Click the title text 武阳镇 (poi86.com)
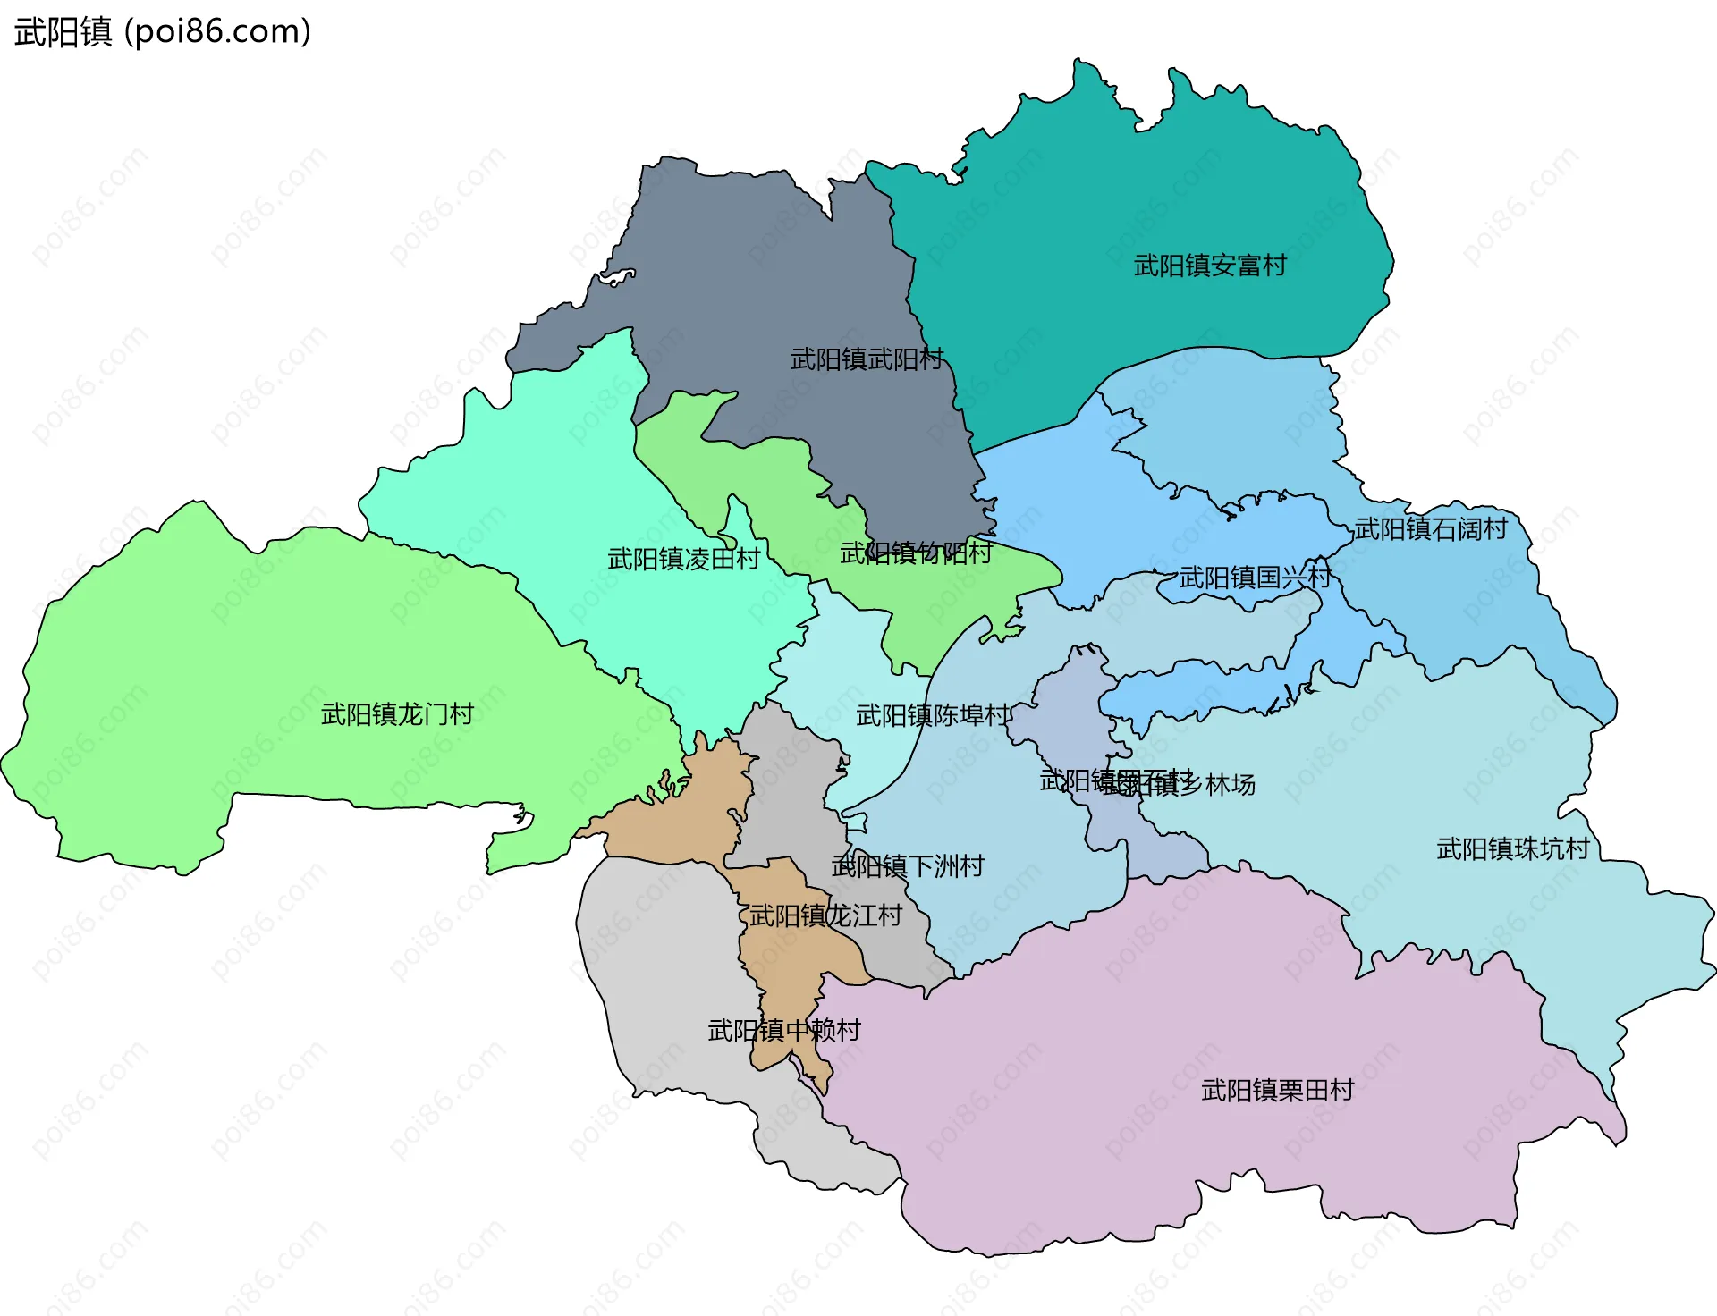pyautogui.click(x=163, y=32)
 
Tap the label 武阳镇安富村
pyautogui.click(x=1210, y=266)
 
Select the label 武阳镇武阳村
pyautogui.click(x=867, y=359)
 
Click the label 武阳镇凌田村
pyautogui.click(x=683, y=560)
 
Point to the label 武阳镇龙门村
pyautogui.click(x=397, y=714)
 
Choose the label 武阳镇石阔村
pyautogui.click(x=1431, y=529)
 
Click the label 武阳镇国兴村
pyautogui.click(x=1255, y=578)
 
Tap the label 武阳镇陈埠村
pyautogui.click(x=933, y=715)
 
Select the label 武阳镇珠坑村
pyautogui.click(x=1513, y=848)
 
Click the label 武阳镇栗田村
pyautogui.click(x=1277, y=1090)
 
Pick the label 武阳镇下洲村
pyautogui.click(x=908, y=865)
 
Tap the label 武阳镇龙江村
pyautogui.click(x=825, y=915)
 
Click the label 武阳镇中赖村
pyautogui.click(x=783, y=1031)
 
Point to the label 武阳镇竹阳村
pyautogui.click(x=916, y=553)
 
